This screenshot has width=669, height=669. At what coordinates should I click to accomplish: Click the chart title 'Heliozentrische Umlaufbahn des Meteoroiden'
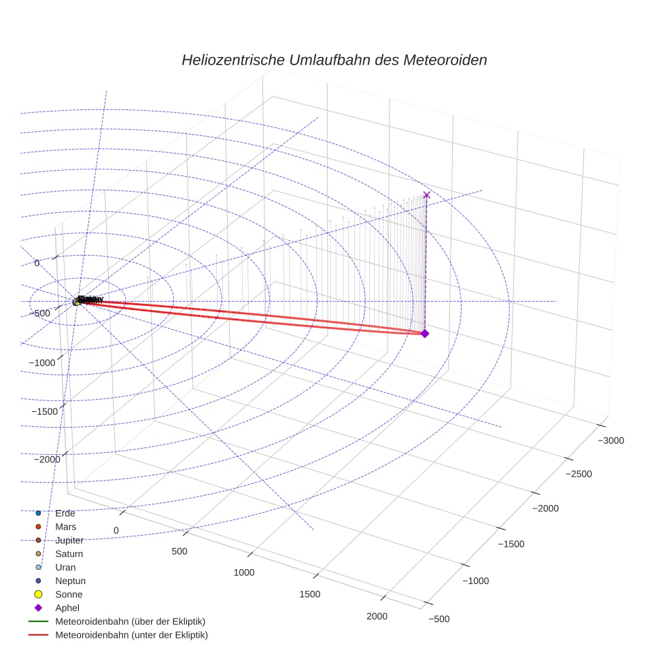334,60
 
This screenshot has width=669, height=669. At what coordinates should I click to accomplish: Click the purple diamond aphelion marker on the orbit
425,333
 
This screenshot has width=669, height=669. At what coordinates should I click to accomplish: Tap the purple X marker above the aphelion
427,195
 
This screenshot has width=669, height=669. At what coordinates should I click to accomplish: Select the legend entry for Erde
65,513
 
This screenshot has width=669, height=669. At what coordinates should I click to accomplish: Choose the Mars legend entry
65,526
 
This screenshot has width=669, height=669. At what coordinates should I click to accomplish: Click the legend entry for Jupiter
69,540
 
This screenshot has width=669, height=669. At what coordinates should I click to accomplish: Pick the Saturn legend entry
69,553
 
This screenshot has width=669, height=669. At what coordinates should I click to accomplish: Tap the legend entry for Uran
65,567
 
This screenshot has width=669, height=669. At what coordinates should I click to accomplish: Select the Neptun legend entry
70,581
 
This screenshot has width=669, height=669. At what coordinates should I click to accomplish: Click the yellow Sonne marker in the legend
39,594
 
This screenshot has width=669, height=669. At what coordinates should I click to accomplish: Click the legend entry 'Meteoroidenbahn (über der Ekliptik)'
130,621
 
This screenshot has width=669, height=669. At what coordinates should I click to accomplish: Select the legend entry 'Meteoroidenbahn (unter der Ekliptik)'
131,635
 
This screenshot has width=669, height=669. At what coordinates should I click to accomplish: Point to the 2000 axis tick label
377,616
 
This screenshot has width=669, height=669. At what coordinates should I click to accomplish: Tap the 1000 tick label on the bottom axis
243,572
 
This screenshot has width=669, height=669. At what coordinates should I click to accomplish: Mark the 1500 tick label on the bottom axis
309,594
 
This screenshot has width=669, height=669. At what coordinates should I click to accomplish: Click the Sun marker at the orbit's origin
77,301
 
